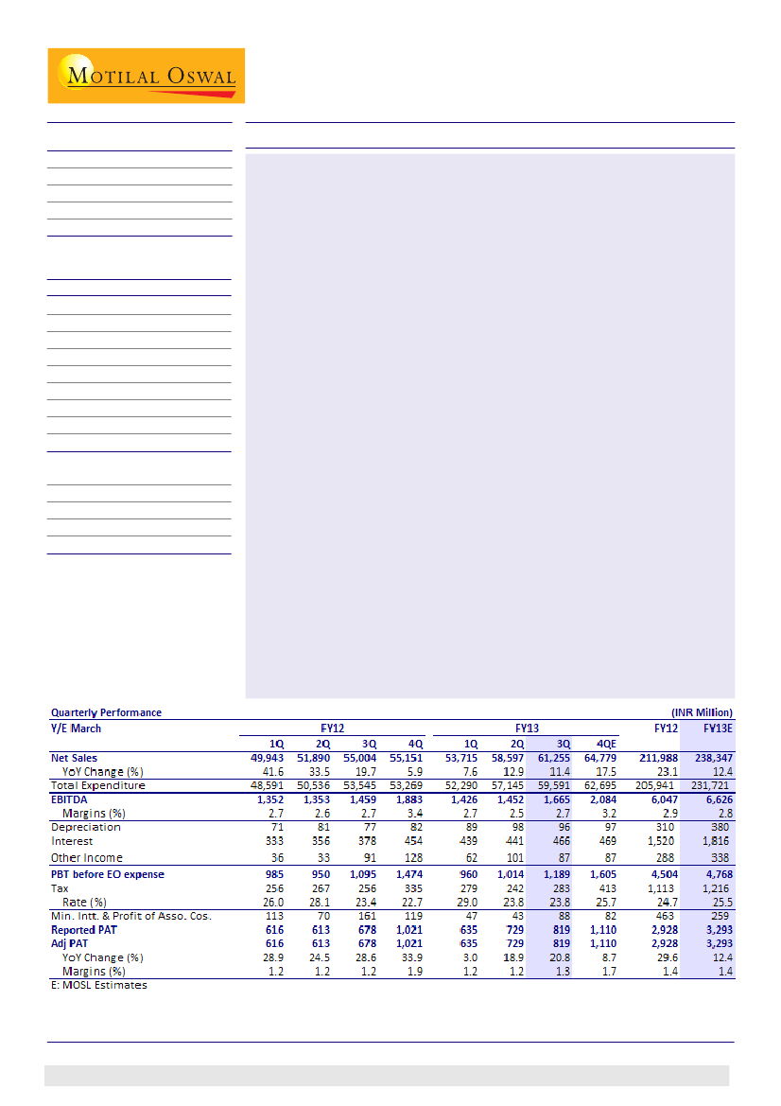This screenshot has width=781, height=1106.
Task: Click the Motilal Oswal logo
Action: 147,76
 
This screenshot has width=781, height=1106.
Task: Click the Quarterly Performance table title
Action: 106,712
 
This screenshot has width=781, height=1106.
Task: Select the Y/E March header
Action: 76,729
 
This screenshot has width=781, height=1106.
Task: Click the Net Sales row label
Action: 75,758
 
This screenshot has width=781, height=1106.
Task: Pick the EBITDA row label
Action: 70,799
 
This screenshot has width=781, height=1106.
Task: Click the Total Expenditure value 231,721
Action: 711,785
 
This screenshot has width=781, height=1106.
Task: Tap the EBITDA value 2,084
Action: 601,799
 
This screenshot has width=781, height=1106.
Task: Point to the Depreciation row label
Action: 86,827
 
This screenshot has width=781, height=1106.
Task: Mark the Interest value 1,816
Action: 716,841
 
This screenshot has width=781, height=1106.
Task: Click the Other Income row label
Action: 87,858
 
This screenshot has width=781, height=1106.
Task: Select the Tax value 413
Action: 606,888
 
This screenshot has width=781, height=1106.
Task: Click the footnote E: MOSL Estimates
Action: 99,985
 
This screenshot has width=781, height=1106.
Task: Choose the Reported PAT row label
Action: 83,930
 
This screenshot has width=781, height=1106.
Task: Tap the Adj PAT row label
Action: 72,944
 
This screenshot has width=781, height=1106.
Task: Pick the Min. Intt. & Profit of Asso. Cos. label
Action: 130,916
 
